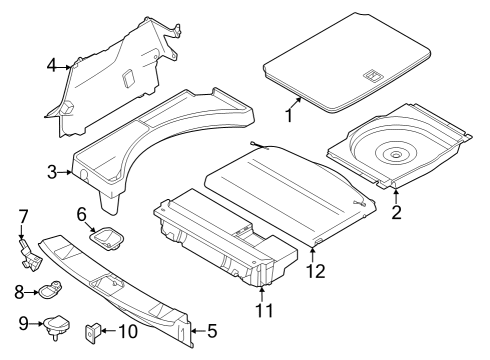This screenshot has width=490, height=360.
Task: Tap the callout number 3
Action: tap(51, 172)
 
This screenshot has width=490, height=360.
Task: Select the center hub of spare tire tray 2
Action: tap(396, 153)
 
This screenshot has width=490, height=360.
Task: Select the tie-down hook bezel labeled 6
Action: tap(106, 238)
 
